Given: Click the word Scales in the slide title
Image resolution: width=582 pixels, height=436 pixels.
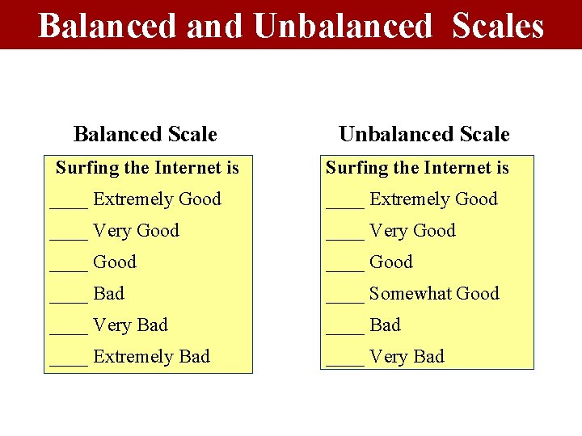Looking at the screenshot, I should point(498,25).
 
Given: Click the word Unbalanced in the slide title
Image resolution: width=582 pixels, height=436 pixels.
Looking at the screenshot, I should point(343,25).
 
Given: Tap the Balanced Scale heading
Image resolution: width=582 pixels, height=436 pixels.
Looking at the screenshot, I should point(145,134).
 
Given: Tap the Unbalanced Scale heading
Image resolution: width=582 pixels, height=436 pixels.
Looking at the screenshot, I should point(424,134).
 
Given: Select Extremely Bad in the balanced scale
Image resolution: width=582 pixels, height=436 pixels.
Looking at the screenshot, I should point(151,356).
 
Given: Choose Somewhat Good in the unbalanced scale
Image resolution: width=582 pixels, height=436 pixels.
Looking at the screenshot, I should point(434,293).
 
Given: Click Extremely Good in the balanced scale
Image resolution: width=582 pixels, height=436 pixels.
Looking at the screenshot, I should point(157,199).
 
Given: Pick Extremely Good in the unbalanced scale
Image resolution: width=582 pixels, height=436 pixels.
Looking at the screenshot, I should point(433,199).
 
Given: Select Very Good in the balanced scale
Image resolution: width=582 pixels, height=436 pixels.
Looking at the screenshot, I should point(136,230).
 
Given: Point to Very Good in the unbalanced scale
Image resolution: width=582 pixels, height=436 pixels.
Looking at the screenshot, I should point(412,230).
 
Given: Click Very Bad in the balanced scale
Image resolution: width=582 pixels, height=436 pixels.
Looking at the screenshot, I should point(130,325).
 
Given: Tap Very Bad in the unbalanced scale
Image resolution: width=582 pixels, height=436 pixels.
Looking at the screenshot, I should point(407,356).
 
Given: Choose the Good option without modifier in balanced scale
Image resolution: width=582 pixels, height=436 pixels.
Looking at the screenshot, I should point(115,262).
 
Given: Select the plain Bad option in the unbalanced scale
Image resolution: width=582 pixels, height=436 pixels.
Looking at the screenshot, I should point(385,325).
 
